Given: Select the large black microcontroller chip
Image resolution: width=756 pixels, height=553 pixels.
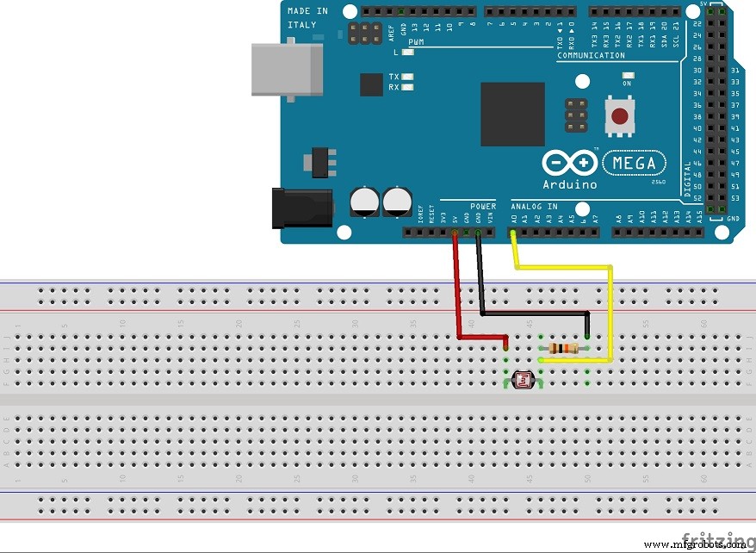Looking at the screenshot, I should coord(512,114).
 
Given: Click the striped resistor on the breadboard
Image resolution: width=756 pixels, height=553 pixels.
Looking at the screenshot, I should coord(562,348).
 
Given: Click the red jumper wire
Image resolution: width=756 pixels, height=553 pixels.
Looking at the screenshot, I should coord(455,293).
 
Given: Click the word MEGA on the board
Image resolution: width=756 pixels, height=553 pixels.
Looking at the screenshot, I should coord(635,163).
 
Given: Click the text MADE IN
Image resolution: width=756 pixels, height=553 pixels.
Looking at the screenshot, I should coord(307,10).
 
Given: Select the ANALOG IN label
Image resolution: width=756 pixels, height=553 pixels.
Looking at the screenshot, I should coord(533,207).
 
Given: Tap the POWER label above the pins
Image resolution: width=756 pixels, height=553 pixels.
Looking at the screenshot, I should coord(483,207).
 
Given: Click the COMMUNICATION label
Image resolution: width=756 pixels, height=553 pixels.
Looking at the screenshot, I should coord(591,55).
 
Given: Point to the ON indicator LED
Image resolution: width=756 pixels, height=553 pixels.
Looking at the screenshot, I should coord(626,74).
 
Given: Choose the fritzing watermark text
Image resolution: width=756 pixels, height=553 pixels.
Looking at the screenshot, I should coord(716,538).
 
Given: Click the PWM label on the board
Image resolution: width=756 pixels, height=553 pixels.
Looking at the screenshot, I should coord(416,41).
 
